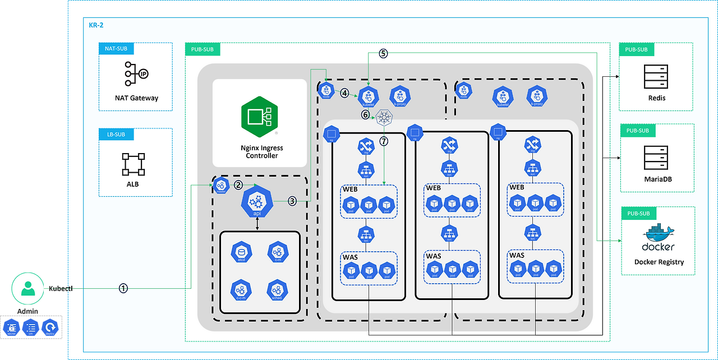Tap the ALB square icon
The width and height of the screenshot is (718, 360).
coord(133,164)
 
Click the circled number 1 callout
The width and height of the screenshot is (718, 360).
coord(123,288)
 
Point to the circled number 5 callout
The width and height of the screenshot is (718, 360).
coord(383,54)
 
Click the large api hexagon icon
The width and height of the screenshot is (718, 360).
coord(257,202)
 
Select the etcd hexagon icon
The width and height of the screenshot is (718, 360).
coord(242,253)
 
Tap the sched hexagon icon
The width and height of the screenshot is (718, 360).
coord(277,290)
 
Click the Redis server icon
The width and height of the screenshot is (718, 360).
coord(656,76)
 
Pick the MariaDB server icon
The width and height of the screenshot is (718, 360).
coord(656,158)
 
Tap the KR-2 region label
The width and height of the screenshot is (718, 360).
coord(96,25)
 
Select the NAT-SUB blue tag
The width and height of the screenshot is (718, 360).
coord(116,49)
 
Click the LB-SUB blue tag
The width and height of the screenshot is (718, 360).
coord(116,134)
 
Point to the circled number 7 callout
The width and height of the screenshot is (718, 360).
coord(384,141)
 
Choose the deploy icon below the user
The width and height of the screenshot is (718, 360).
coord(51,326)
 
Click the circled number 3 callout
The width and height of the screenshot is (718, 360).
coord(292,201)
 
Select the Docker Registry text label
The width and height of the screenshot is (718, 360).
coord(659,262)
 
